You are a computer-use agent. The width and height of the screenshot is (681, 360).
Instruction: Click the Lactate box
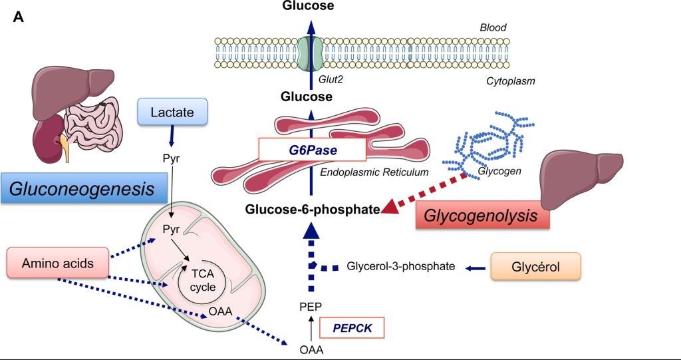point(172,113)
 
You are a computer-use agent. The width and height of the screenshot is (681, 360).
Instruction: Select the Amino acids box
point(48,263)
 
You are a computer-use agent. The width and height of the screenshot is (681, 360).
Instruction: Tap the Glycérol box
point(535,266)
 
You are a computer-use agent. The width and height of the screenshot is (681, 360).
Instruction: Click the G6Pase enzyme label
point(312,150)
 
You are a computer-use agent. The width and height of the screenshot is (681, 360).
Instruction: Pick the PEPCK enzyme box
point(352,328)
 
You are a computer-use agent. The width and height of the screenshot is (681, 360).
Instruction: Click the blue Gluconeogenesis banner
point(84,189)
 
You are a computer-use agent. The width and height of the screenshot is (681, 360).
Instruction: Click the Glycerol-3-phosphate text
point(401,267)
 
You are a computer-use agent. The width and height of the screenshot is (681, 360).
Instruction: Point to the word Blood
point(493,28)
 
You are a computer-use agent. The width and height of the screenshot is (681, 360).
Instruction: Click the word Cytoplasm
point(510,81)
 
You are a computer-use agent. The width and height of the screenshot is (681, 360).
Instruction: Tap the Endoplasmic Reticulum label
point(373,172)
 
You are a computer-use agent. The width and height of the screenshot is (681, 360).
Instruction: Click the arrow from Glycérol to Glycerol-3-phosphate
point(474,268)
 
